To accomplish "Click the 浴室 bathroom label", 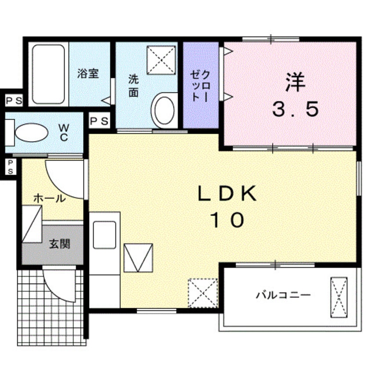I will (88, 73).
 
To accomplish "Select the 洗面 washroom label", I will (133, 85).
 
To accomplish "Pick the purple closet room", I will (201, 86).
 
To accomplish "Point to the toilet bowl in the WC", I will (31, 132).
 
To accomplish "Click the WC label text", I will (64, 132).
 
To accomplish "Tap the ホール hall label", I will (49, 198).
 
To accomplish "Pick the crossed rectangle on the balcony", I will (339, 297).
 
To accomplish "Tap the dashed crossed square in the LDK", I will (203, 292).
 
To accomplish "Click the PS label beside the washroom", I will (99, 121).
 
